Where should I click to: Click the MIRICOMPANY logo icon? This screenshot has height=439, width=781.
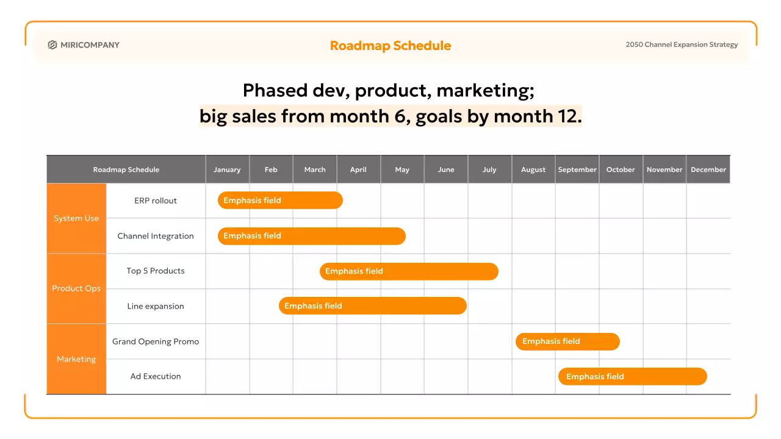tap(52, 45)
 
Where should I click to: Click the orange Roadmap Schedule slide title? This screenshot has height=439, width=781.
tap(390, 46)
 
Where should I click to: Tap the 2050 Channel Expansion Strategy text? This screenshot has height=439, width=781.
tap(682, 45)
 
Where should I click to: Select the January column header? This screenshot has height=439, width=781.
tap(227, 170)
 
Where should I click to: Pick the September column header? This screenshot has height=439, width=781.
tap(577, 170)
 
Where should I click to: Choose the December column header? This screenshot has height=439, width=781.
tap(708, 170)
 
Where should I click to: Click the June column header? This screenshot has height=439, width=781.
tap(446, 170)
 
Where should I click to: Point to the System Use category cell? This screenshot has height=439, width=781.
tap(76, 218)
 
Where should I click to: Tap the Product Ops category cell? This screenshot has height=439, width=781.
tap(76, 288)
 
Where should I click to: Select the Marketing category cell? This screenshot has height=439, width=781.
tap(76, 359)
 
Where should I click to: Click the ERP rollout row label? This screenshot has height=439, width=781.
tap(156, 201)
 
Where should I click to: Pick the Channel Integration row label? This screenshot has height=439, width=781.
tap(156, 236)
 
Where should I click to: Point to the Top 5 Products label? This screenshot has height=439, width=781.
tap(156, 271)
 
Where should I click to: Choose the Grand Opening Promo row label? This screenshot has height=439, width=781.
tap(156, 341)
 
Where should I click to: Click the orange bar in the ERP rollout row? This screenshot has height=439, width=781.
tap(280, 201)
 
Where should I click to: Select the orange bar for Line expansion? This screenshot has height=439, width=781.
tap(373, 305)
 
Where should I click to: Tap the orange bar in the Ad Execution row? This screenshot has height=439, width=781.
tap(633, 376)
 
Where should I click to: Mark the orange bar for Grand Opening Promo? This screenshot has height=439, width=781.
tap(567, 341)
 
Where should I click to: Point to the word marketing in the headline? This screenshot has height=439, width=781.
tap(486, 91)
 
